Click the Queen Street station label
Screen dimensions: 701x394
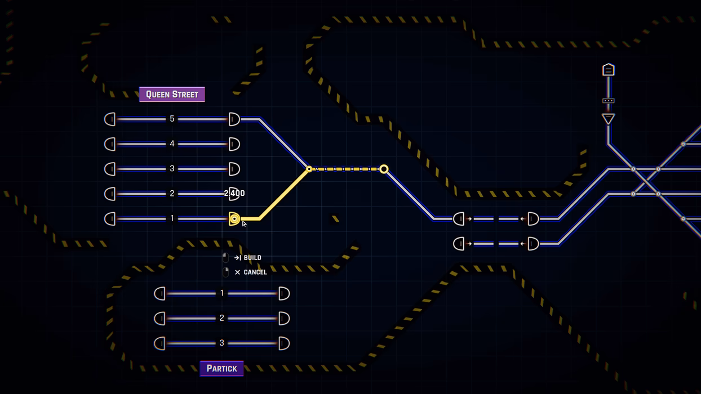[172, 95]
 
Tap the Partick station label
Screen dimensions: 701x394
[221, 369]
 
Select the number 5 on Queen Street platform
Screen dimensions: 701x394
[172, 119]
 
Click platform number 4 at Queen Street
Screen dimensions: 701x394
[172, 144]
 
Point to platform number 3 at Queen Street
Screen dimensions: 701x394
[172, 169]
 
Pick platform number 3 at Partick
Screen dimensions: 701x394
[221, 343]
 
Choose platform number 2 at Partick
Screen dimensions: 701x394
[221, 318]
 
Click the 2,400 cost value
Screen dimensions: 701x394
[234, 193]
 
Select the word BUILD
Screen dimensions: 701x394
[252, 258]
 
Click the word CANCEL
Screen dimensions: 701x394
[255, 272]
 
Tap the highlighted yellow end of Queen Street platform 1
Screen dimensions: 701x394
[234, 219]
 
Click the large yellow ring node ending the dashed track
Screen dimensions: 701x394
[384, 169]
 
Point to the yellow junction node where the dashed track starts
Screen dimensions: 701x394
[309, 169]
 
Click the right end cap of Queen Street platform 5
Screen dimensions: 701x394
[234, 119]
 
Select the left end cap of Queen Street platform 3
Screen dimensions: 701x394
[110, 169]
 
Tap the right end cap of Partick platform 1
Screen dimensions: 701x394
[284, 294]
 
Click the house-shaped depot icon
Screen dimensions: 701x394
[609, 70]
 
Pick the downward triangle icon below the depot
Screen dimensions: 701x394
[609, 119]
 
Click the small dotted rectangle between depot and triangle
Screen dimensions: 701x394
[609, 101]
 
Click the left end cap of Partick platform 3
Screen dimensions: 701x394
[159, 344]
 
